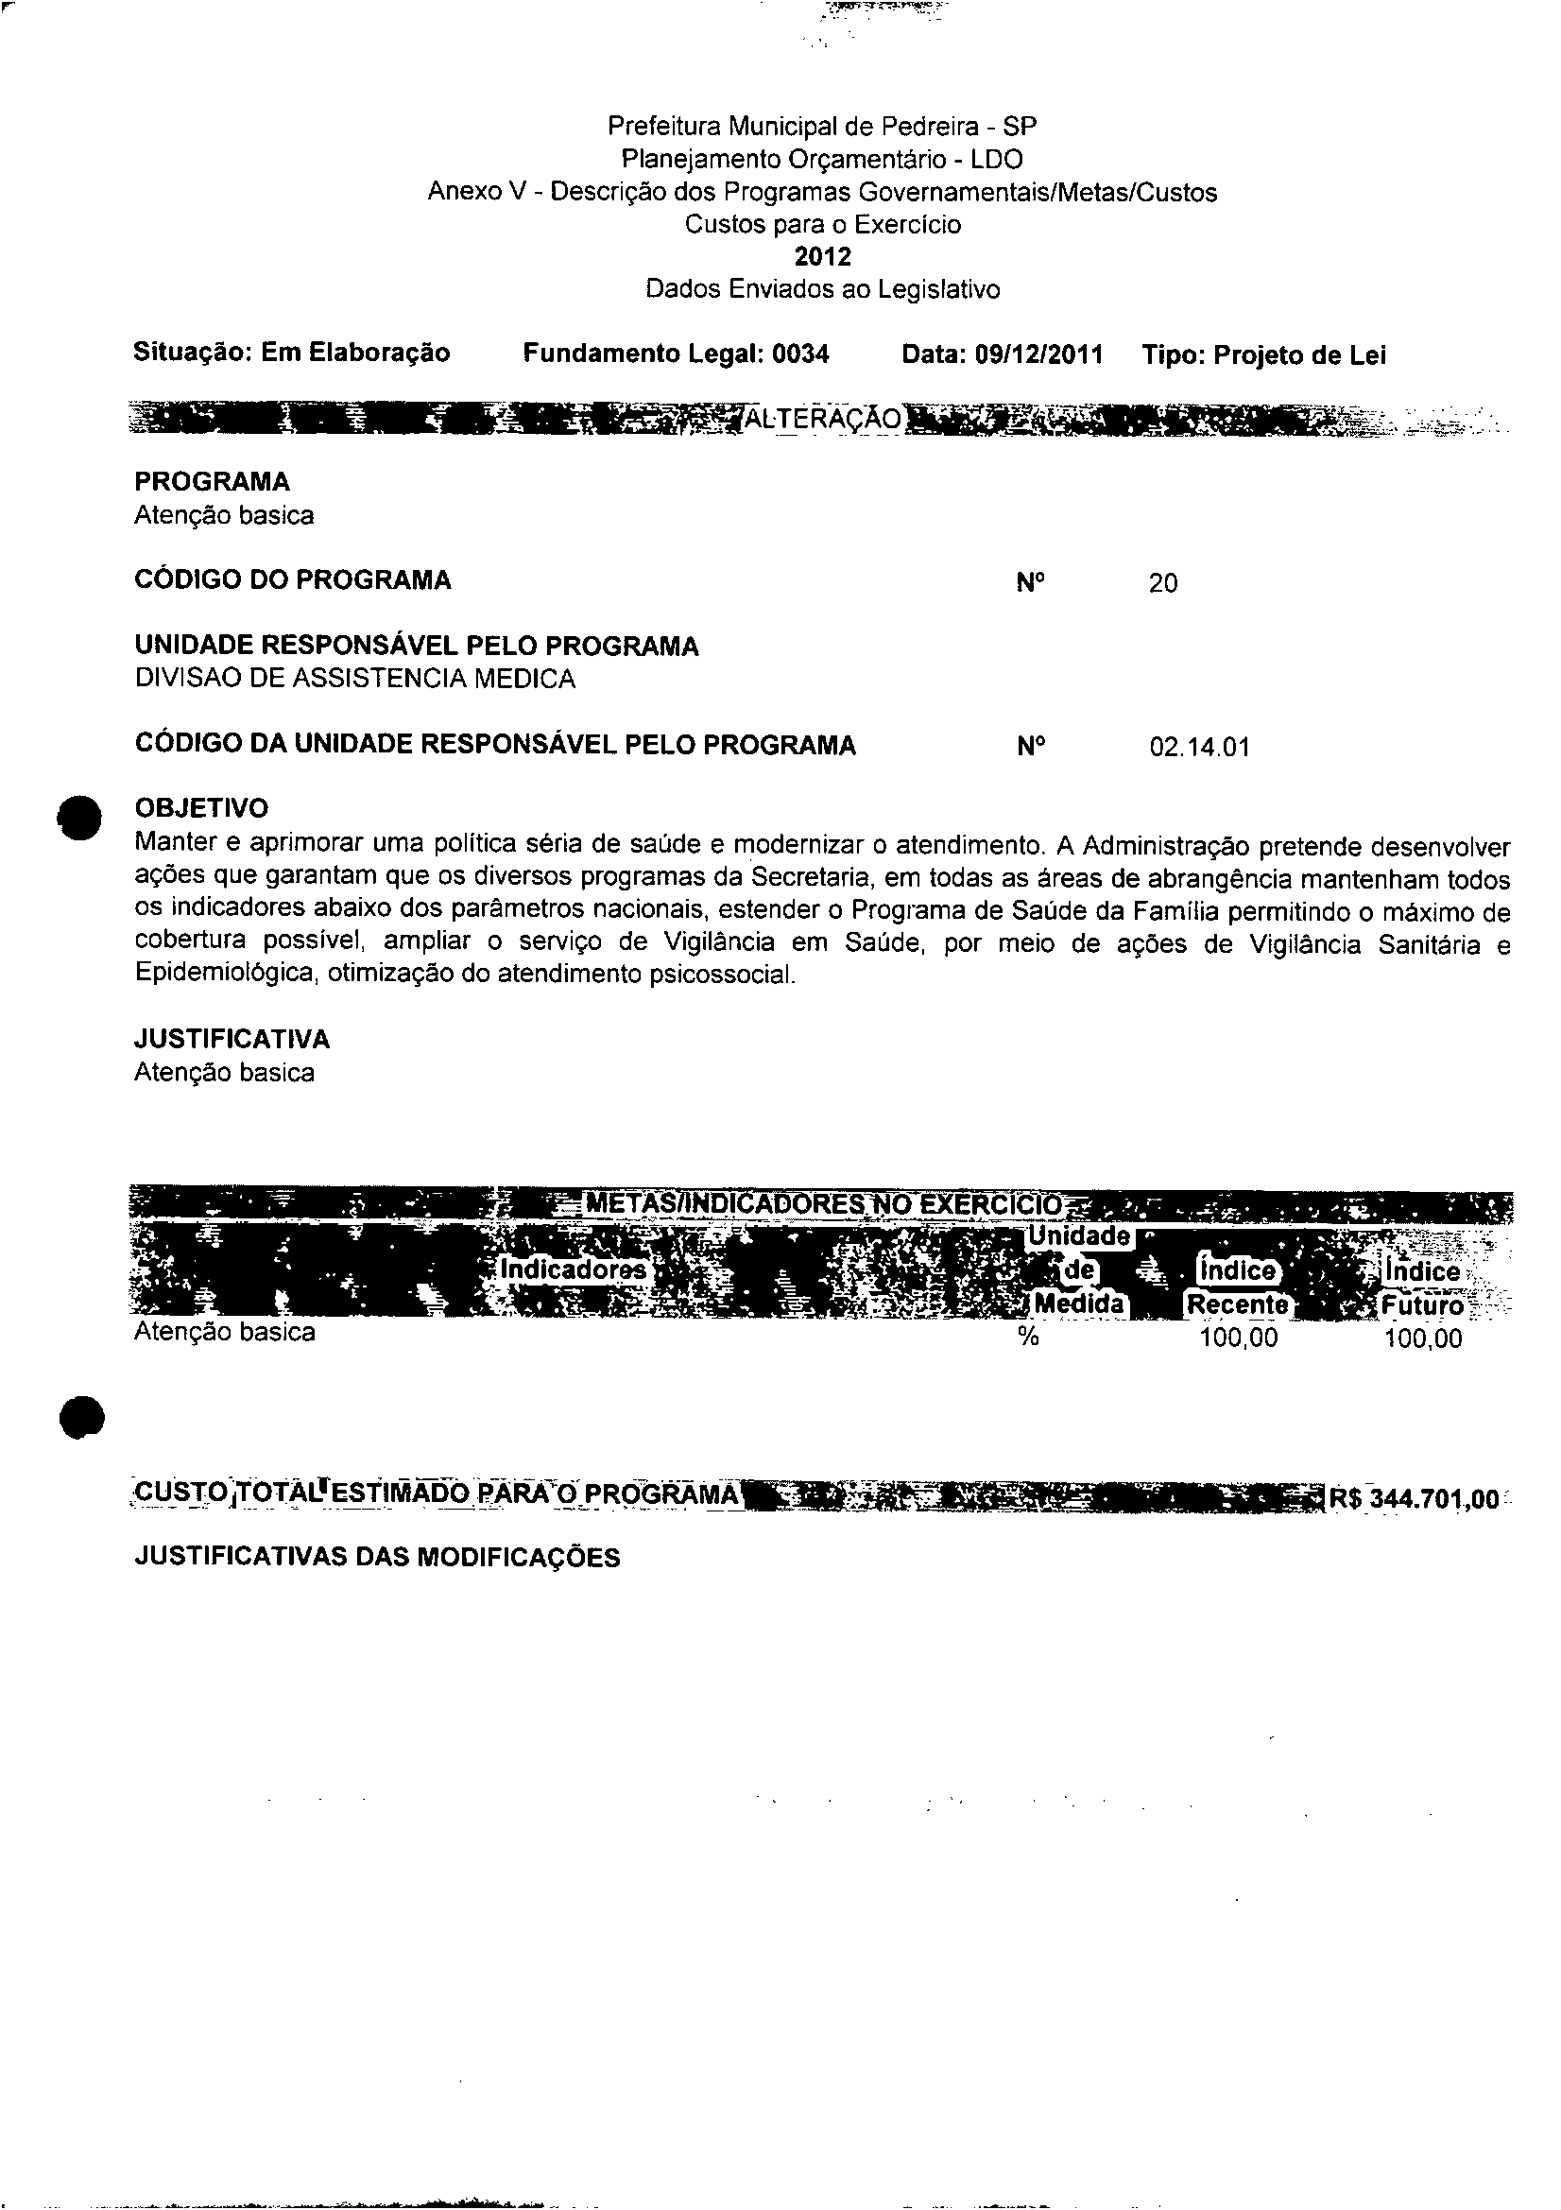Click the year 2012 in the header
823,257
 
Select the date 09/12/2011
1038,355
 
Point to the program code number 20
1162,583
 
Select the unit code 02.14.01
1199,747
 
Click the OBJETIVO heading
201,807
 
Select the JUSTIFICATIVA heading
232,1040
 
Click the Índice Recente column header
1237,1287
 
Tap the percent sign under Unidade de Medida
1028,1338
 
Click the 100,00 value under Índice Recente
1239,1338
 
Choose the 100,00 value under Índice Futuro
1422,1338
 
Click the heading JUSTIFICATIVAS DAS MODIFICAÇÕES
377,1558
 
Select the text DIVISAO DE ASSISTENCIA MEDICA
354,680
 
